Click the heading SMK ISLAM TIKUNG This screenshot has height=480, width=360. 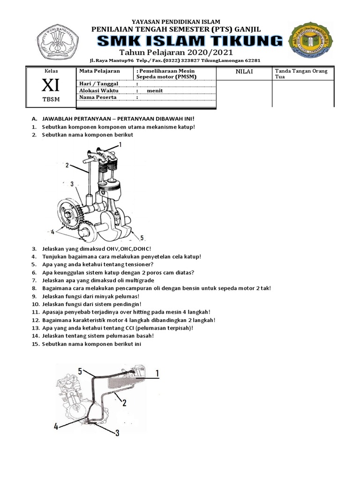coord(190,41)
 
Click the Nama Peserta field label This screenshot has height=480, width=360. coord(97,97)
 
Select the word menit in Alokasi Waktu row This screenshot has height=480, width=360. coord(155,91)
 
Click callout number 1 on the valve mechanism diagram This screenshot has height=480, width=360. coord(120,145)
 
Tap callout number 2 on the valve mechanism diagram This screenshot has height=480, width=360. coord(67,165)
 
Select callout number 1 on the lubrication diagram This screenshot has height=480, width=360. coord(157,373)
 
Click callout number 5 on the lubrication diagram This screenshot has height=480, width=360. coord(80,372)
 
